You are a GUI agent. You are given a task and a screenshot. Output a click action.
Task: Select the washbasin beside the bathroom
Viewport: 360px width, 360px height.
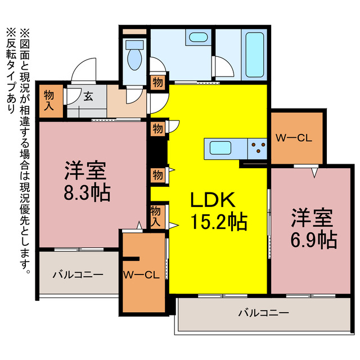pyautogui.click(x=197, y=38)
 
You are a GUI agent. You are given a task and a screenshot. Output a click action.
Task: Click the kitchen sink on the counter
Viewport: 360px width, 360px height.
pyautogui.click(x=219, y=149)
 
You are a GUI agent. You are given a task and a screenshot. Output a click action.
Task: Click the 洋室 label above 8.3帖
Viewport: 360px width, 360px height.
pyautogui.click(x=86, y=169)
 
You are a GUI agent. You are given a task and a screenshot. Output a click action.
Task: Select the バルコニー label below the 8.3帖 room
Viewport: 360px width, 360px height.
pyautogui.click(x=78, y=275)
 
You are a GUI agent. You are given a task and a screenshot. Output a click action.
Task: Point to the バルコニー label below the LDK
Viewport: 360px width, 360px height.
pyautogui.click(x=263, y=312)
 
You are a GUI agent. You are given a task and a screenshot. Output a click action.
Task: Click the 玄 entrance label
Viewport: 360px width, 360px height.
pyautogui.click(x=88, y=96)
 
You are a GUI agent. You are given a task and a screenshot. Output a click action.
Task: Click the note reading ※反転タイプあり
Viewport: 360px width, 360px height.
pyautogui.click(x=11, y=71)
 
